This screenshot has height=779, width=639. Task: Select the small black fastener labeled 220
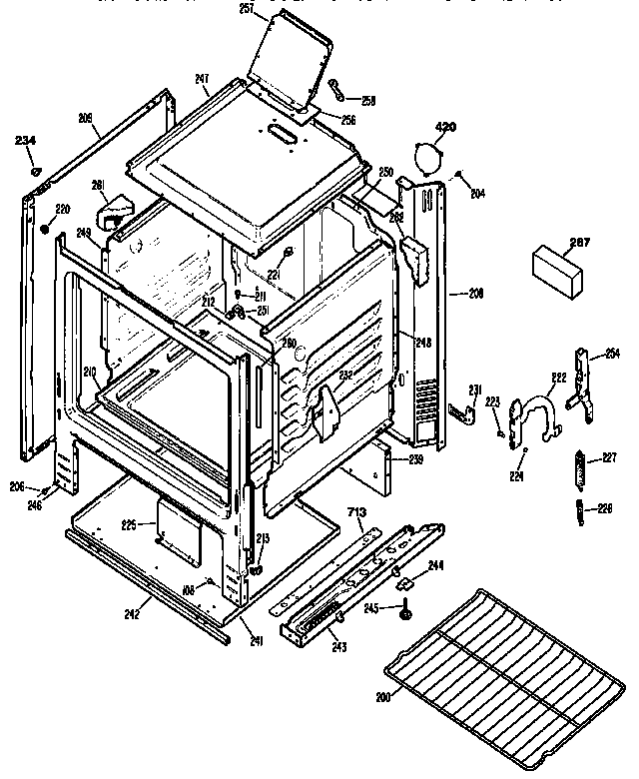46,230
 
